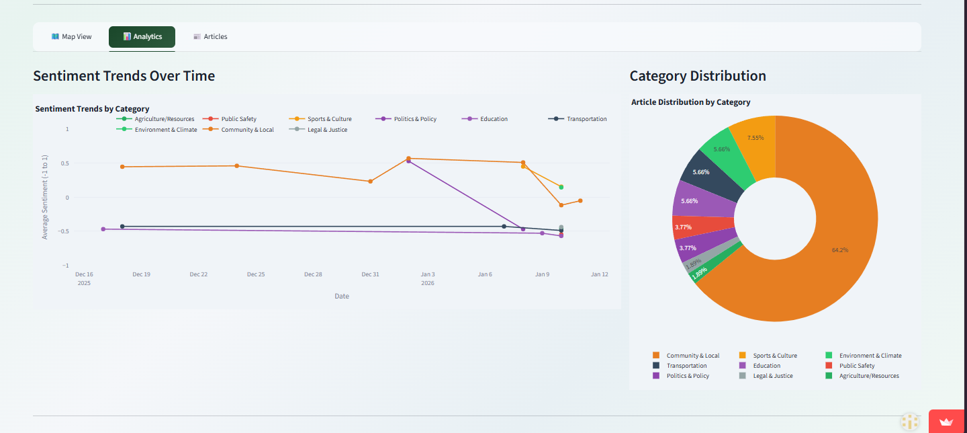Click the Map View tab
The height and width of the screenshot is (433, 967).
click(x=71, y=37)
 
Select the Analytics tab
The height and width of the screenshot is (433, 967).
click(x=142, y=37)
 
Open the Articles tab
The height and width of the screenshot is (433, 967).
click(x=210, y=37)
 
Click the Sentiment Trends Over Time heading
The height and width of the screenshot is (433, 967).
click(x=124, y=76)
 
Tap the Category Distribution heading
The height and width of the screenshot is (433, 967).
click(x=698, y=76)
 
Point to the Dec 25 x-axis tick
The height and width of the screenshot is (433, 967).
click(x=256, y=274)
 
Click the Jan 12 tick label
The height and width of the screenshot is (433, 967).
click(x=599, y=274)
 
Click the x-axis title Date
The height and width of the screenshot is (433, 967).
click(x=342, y=296)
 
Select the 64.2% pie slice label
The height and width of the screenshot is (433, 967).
click(x=839, y=250)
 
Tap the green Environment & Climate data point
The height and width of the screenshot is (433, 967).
click(x=561, y=187)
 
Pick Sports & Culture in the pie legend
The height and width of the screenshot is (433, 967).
click(x=774, y=356)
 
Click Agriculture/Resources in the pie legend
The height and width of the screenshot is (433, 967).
click(x=868, y=376)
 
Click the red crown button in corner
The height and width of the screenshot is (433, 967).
click(x=947, y=422)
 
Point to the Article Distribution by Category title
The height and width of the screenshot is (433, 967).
click(x=691, y=102)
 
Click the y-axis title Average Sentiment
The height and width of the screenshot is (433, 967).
click(x=45, y=195)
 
